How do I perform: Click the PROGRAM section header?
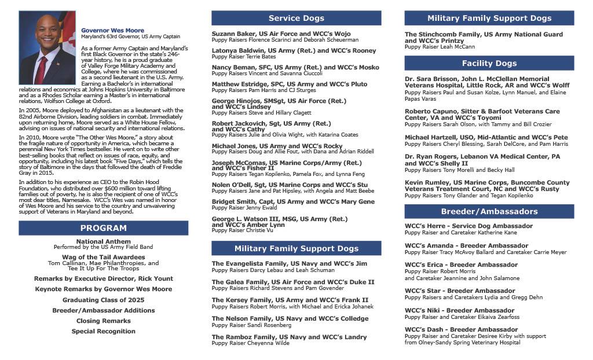pyautogui.click(x=103, y=228)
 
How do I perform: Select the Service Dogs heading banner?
pyautogui.click(x=296, y=18)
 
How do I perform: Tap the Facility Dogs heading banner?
pyautogui.click(x=489, y=63)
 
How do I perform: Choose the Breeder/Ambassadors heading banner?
pyautogui.click(x=489, y=211)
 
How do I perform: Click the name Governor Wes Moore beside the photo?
pyautogui.click(x=113, y=30)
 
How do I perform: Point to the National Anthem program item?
pyautogui.click(x=104, y=241)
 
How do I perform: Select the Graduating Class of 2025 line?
pyautogui.click(x=104, y=300)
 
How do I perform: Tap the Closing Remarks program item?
pyautogui.click(x=104, y=321)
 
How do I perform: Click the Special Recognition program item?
pyautogui.click(x=104, y=331)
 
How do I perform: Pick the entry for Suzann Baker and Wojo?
pyautogui.click(x=281, y=34)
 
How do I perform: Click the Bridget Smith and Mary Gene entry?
pyautogui.click(x=293, y=201)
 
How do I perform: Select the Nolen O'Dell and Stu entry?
pyautogui.click(x=290, y=185)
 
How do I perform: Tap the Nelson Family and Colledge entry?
pyautogui.click(x=290, y=318)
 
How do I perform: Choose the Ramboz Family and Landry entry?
pyautogui.click(x=289, y=337)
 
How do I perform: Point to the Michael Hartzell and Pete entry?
pyautogui.click(x=486, y=137)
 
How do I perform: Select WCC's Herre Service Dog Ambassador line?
pyautogui.click(x=468, y=226)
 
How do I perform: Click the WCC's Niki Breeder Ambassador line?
pyautogui.click(x=459, y=310)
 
